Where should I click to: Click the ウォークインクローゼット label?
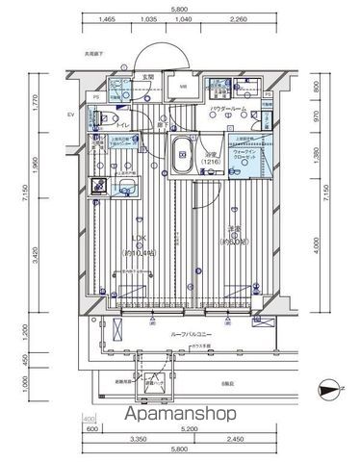tap(247, 155)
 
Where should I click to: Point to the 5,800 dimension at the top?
tap(179, 8)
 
